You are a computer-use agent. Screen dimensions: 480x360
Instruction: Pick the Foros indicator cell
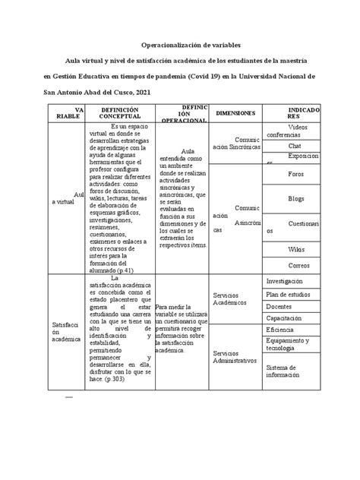pyautogui.click(x=296, y=173)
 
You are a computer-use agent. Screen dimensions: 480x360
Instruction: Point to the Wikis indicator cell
pyautogui.click(x=296, y=248)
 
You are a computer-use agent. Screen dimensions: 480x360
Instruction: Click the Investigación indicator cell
pyautogui.click(x=294, y=281)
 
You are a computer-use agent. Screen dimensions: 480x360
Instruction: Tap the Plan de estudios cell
pyautogui.click(x=294, y=294)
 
